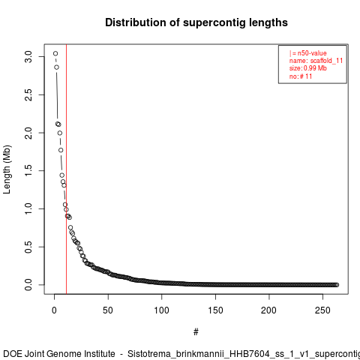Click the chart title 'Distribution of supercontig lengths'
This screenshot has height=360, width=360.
pyautogui.click(x=196, y=22)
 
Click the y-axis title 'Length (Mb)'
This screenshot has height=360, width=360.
pyautogui.click(x=7, y=169)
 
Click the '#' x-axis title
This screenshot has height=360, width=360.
pyautogui.click(x=196, y=332)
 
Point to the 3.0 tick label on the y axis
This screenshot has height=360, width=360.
pyautogui.click(x=28, y=57)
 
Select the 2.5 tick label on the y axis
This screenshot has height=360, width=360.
pyautogui.click(x=28, y=94)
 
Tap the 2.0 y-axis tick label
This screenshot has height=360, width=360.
pyautogui.click(x=28, y=133)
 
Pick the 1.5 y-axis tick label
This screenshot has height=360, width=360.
pyautogui.click(x=28, y=171)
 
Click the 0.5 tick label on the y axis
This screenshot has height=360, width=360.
pyautogui.click(x=28, y=247)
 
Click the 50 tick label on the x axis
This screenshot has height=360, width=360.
pyautogui.click(x=108, y=310)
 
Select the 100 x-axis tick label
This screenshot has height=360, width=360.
pyautogui.click(x=162, y=310)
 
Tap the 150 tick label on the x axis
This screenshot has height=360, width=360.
pyautogui.click(x=215, y=310)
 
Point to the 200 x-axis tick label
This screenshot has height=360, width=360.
pyautogui.click(x=269, y=310)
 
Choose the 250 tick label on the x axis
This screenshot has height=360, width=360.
pyautogui.click(x=322, y=310)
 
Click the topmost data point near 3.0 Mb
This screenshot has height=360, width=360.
pyautogui.click(x=55, y=53)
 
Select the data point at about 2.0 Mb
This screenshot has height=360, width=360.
pyautogui.click(x=60, y=133)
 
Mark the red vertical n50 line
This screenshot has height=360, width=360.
pyautogui.click(x=66, y=169)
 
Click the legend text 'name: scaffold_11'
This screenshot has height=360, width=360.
pyautogui.click(x=316, y=61)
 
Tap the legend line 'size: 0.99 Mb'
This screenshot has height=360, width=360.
pyautogui.click(x=308, y=68)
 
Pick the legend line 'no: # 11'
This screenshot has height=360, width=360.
pyautogui.click(x=301, y=76)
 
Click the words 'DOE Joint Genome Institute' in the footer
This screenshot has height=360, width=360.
pyautogui.click(x=59, y=354)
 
